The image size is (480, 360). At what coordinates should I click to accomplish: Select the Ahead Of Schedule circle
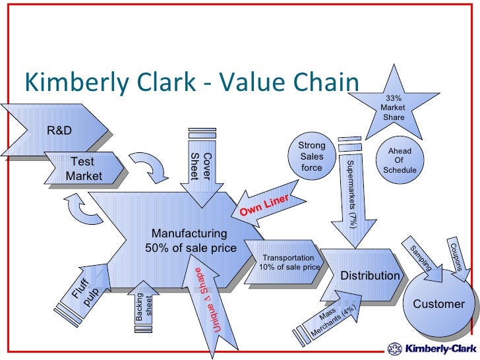400,160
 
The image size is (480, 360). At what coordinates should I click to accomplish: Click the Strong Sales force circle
312,157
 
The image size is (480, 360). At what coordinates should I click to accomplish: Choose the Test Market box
84,168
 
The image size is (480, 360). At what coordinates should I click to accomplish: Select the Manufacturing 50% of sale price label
190,241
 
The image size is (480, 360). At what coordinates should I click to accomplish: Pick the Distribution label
370,275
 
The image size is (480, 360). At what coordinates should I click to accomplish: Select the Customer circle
438,304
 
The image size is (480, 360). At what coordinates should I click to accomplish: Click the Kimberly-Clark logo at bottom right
429,347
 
